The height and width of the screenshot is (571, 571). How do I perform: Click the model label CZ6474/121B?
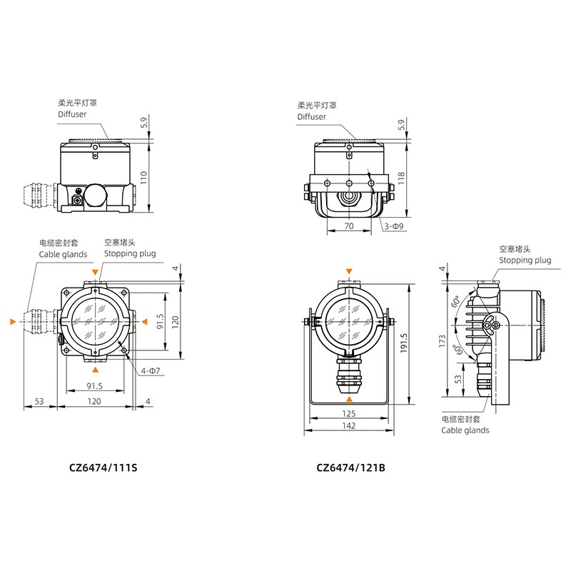pyautogui.click(x=350, y=468)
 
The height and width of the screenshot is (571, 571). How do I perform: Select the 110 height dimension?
pyautogui.click(x=143, y=178)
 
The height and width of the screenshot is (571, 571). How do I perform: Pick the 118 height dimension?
pyautogui.click(x=400, y=176)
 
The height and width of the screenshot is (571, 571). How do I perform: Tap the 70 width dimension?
pyautogui.click(x=348, y=226)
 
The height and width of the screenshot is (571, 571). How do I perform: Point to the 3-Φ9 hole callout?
pyautogui.click(x=395, y=226)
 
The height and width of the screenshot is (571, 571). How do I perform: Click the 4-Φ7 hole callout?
pyautogui.click(x=149, y=370)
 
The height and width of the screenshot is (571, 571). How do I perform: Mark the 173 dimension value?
pyautogui.click(x=443, y=342)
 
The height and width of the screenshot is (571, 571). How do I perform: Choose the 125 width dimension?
pyautogui.click(x=349, y=413)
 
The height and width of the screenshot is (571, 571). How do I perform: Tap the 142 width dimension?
pyautogui.click(x=349, y=426)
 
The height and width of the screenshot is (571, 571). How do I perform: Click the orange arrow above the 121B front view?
pyautogui.click(x=348, y=271)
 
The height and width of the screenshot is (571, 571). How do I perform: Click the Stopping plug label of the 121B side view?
pyautogui.click(x=525, y=261)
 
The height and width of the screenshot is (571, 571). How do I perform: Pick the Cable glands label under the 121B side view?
pyautogui.click(x=465, y=430)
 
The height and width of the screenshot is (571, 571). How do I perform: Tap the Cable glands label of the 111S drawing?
pyautogui.click(x=63, y=254)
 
